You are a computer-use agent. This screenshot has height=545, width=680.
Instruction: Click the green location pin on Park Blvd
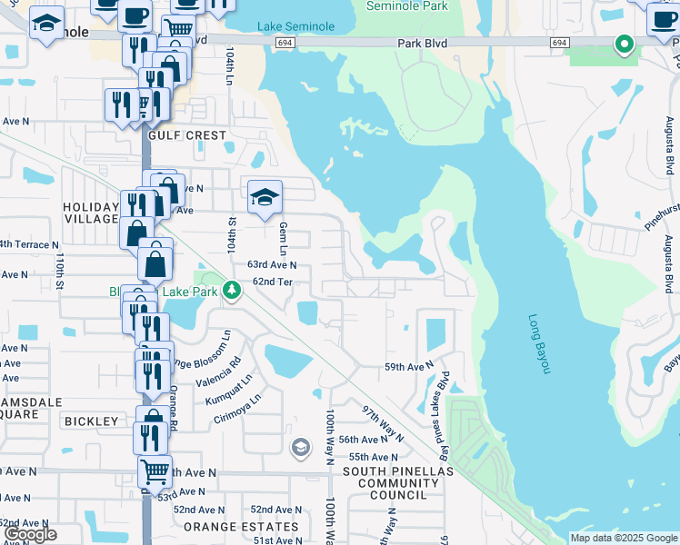[x=624, y=43]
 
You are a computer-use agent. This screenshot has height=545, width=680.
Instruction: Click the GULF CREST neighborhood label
[x=186, y=134]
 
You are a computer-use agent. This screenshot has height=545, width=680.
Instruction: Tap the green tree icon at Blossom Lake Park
[x=233, y=290]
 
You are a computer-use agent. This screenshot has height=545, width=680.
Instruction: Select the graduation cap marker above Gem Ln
[x=265, y=196]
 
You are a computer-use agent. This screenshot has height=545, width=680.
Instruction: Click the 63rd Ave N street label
[x=273, y=265]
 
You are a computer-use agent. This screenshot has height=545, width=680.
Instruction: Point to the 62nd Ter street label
[x=271, y=282]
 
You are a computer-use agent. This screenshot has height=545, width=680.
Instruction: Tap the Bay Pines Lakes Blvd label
[x=446, y=404]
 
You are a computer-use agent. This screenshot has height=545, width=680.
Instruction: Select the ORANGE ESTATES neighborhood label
[x=241, y=527]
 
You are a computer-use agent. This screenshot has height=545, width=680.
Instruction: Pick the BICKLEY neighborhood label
[x=91, y=421]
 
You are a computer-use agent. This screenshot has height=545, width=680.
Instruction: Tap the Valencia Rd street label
[x=223, y=366]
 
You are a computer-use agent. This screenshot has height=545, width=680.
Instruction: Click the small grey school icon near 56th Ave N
[x=300, y=447]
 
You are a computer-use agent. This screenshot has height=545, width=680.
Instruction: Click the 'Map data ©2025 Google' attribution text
[x=623, y=538]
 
